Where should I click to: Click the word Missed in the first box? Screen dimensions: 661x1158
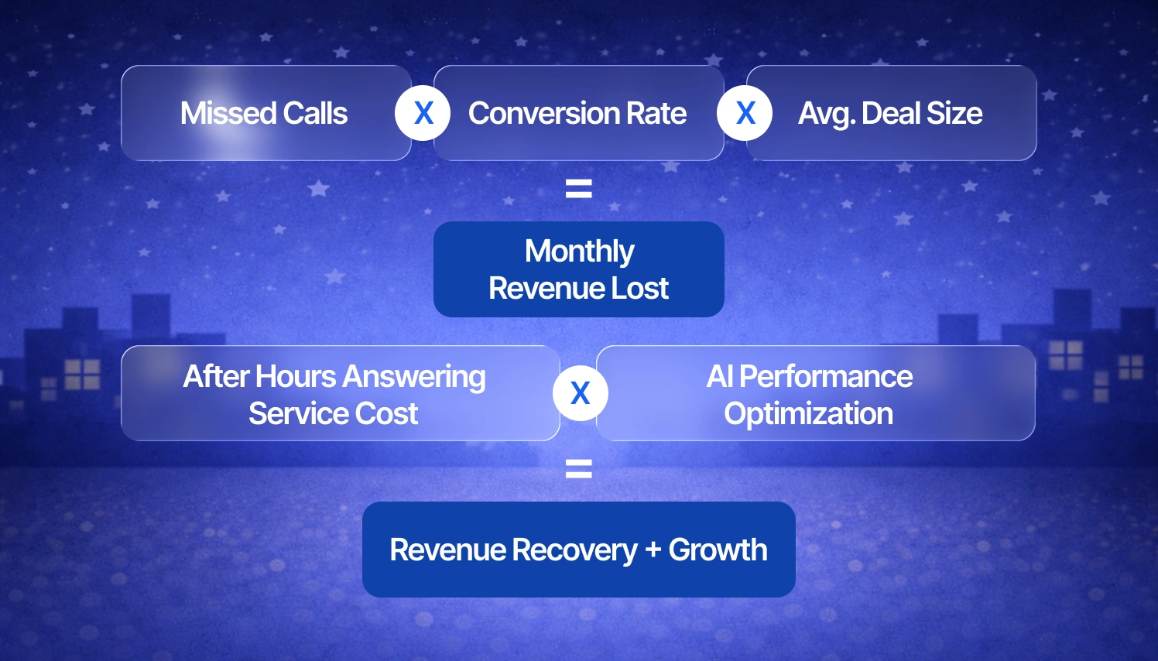(x=229, y=114)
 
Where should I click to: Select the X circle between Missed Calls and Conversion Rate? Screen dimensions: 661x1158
(x=423, y=113)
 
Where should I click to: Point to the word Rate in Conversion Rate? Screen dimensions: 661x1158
(x=656, y=114)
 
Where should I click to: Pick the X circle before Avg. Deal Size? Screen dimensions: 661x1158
(x=745, y=113)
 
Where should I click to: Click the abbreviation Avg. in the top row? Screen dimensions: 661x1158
(x=827, y=114)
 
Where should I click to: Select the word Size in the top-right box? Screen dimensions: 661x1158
(x=954, y=114)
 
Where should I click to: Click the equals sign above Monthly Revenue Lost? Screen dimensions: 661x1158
(x=579, y=188)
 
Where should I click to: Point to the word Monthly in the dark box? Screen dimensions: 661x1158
(x=579, y=252)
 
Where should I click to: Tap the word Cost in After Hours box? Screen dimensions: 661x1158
(x=387, y=414)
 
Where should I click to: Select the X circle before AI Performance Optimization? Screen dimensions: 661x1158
(x=581, y=393)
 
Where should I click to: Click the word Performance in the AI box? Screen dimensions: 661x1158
(x=826, y=377)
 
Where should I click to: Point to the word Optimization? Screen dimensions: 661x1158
(x=809, y=414)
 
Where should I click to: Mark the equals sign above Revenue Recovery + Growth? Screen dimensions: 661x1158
(x=579, y=468)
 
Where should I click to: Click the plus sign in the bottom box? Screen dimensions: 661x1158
(x=653, y=550)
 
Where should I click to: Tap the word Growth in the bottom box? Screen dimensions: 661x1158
(x=718, y=550)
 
